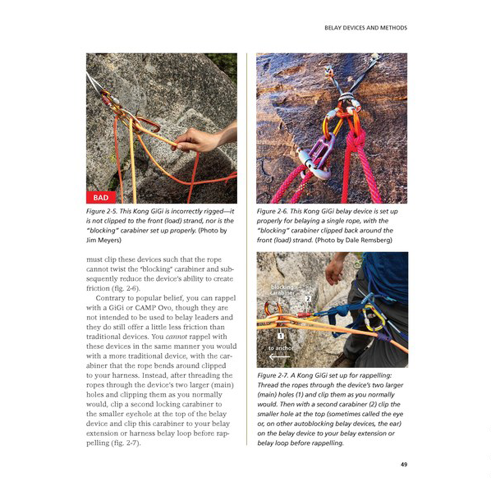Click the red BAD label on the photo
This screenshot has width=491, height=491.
[x=101, y=197]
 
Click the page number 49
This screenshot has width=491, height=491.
[x=404, y=464]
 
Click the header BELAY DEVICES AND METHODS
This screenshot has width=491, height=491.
[x=366, y=28]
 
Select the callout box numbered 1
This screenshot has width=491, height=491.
[x=280, y=336]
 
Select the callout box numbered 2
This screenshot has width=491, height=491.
[x=308, y=299]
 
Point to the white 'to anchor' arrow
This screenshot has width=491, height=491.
[x=279, y=357]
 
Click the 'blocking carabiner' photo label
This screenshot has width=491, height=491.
[x=282, y=290]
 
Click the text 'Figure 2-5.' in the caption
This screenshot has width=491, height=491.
[x=102, y=211]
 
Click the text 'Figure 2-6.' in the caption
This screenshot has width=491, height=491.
[x=272, y=211]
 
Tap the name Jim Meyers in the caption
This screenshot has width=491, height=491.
[x=104, y=240]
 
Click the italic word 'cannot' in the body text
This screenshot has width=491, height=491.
[x=176, y=337]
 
